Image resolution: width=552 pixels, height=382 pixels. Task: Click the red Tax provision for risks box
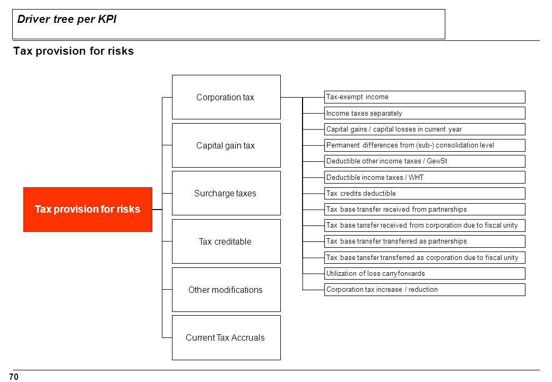click(88, 209)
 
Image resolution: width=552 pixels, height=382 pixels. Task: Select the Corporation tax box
click(226, 97)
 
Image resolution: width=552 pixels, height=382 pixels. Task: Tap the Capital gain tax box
click(226, 145)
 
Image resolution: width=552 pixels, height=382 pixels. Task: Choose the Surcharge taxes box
click(226, 193)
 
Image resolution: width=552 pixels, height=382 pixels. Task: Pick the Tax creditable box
click(226, 241)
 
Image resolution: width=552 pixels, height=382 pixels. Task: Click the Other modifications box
click(226, 290)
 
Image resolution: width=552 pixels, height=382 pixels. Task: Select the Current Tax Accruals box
click(226, 337)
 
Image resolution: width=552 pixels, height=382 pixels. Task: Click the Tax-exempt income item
click(425, 97)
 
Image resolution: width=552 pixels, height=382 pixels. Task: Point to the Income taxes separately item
click(425, 113)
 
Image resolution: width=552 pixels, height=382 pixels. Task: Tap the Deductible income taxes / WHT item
click(425, 177)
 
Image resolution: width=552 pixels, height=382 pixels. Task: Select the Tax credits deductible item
click(425, 194)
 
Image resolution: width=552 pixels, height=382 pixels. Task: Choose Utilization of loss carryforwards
click(425, 274)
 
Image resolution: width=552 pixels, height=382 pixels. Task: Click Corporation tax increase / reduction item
click(425, 290)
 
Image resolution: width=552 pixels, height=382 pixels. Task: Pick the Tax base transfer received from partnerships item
click(425, 209)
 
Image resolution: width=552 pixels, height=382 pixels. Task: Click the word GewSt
click(437, 161)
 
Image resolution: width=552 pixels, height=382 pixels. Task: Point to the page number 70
click(14, 377)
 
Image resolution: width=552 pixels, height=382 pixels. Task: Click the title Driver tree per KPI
click(67, 19)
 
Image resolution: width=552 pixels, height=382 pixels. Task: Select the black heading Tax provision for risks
click(74, 51)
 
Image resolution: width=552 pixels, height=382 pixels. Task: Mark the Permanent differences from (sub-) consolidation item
click(425, 145)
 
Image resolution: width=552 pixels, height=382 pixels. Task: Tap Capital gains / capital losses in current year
click(425, 129)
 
